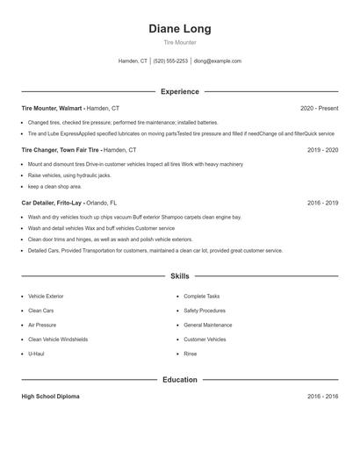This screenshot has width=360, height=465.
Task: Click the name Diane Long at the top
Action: (179, 29)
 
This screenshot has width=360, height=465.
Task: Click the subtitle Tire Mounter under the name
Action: (179, 42)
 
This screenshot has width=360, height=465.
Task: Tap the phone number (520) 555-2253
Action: (170, 61)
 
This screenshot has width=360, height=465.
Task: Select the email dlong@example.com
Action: (218, 61)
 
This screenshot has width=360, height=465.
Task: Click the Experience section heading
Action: (179, 91)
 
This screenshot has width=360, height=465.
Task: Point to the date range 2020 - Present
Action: (319, 108)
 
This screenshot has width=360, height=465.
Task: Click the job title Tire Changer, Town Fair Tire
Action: (61, 150)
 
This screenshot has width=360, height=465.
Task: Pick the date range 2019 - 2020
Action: (322, 150)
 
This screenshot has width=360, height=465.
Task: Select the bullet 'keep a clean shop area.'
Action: (54, 186)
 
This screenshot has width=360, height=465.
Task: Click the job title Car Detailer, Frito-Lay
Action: (52, 203)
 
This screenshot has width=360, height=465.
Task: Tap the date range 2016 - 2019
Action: (322, 203)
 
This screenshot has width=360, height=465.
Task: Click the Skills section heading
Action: (179, 275)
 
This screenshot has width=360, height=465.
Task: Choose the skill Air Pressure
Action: (42, 325)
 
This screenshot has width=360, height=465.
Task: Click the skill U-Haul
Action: (36, 354)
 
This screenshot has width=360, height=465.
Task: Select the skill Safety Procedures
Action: (205, 311)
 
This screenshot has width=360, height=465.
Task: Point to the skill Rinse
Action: (190, 354)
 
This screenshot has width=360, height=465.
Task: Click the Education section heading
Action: (179, 380)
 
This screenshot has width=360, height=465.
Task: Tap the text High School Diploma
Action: (50, 397)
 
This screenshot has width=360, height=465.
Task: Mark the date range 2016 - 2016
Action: (322, 397)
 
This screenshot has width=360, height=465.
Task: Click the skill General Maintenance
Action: (208, 325)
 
